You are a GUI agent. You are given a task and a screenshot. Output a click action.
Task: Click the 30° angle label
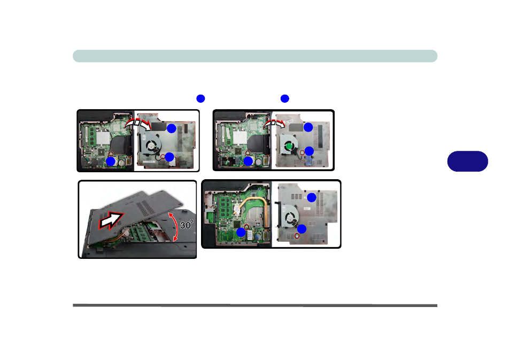click(x=187, y=225)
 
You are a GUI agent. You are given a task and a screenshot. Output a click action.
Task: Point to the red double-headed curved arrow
click(x=176, y=226)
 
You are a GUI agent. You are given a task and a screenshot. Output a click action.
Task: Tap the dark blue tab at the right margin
click(x=467, y=161)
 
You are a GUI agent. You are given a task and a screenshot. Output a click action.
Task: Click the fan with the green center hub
click(x=288, y=145)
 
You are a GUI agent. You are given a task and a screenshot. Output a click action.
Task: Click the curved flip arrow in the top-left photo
click(x=137, y=123)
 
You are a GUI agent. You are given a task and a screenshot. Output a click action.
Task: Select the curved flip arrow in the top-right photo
click(x=274, y=124)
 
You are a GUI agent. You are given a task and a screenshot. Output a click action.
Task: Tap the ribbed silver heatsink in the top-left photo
click(x=103, y=137)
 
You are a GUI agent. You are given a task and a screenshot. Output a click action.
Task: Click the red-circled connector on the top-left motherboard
click(x=111, y=154)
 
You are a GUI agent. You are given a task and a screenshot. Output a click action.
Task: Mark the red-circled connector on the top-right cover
click(x=302, y=152)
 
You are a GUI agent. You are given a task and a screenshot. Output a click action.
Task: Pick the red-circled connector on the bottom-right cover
click(x=297, y=236)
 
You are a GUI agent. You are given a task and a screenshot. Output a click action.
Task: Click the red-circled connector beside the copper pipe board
click(x=246, y=227)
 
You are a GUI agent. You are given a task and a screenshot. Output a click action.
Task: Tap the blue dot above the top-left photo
click(x=200, y=98)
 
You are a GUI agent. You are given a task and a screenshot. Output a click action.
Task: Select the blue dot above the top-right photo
click(x=285, y=98)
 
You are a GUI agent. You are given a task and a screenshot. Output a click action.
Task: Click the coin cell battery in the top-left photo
click(x=122, y=162)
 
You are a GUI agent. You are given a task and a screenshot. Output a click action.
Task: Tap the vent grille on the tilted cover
click(x=145, y=206)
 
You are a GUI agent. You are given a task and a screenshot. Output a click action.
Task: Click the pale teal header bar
click(x=255, y=56)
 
